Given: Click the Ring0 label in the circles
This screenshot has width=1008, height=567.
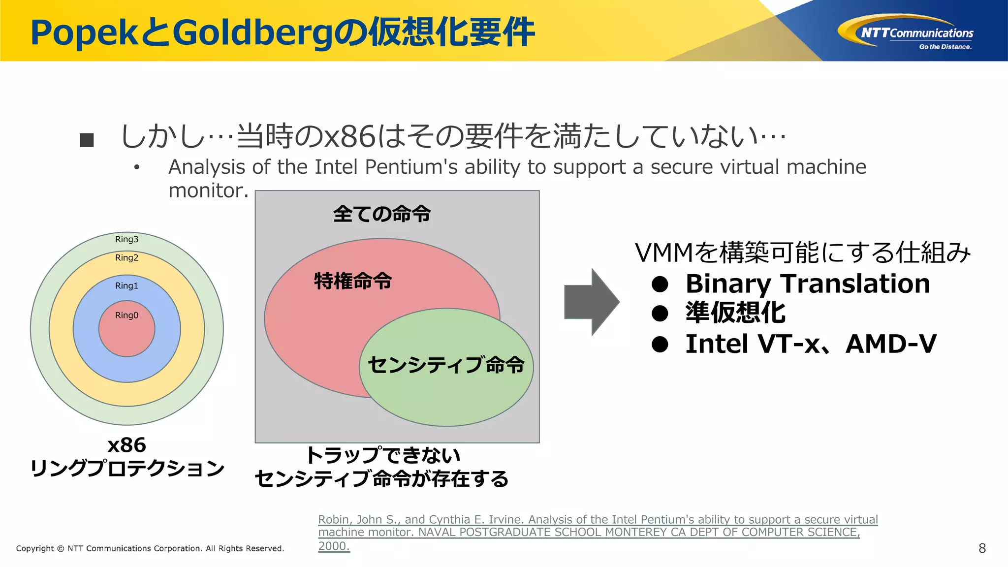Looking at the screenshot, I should pyautogui.click(x=126, y=315).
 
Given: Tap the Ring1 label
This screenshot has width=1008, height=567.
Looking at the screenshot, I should pyautogui.click(x=126, y=286).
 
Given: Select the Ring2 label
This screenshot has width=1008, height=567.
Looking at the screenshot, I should pyautogui.click(x=126, y=258).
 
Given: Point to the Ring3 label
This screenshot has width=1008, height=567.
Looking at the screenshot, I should pyautogui.click(x=126, y=240).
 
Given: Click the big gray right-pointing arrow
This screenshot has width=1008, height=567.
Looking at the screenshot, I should pyautogui.click(x=591, y=302).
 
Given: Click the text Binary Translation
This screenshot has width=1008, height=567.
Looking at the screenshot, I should pyautogui.click(x=807, y=284).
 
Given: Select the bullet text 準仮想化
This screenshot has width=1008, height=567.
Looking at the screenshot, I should pyautogui.click(x=735, y=313).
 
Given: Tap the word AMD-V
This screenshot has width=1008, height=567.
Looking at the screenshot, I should pyautogui.click(x=891, y=344).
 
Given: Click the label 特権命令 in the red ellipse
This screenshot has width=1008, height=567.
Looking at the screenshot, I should pyautogui.click(x=353, y=281).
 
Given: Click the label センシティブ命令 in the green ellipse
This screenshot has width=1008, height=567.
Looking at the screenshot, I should pyautogui.click(x=446, y=365).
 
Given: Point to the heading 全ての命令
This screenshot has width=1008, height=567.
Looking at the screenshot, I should pyautogui.click(x=382, y=214).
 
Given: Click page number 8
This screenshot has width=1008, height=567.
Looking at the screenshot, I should pyautogui.click(x=982, y=548).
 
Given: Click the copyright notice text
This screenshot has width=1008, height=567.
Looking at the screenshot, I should pyautogui.click(x=150, y=548).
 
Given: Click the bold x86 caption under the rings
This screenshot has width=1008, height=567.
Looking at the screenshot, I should pyautogui.click(x=126, y=445).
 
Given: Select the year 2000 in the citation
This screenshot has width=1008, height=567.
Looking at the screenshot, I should pyautogui.click(x=333, y=546).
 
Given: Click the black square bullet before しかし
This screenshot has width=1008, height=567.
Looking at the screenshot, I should pyautogui.click(x=87, y=140).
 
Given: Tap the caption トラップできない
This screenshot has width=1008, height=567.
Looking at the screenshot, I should pyautogui.click(x=383, y=455).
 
